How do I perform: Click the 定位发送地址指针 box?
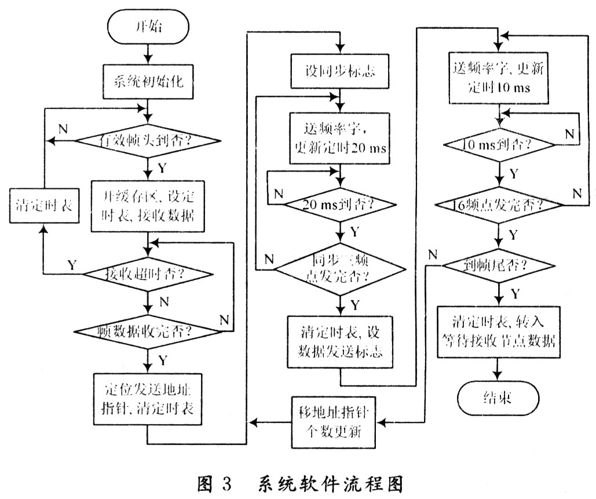coord(149,398)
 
